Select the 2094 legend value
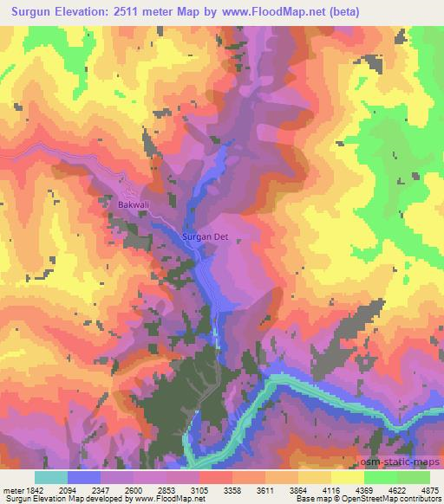pos(69,489)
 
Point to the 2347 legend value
pos(101,489)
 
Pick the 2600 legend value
pos(134,489)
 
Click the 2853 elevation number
pos(167,489)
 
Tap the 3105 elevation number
pos(199,489)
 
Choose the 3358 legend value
pos(232,489)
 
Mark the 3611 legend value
pos(265,489)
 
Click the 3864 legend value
pos(298,489)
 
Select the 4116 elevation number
pos(330,489)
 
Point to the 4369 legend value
pos(363,489)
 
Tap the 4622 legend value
pos(396,489)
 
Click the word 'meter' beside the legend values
pos(13,489)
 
